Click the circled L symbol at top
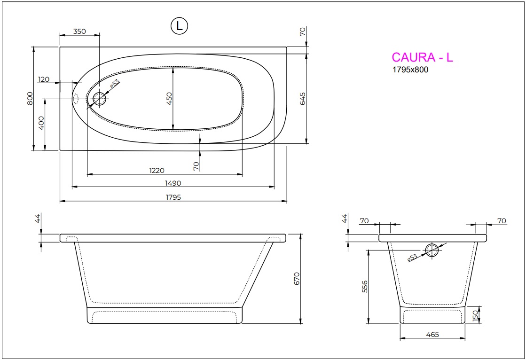179,26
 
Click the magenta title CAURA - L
422,57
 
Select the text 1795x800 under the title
410,70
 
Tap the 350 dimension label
79,31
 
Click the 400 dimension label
41,123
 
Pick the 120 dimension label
44,79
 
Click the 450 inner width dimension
170,98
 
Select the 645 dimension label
303,98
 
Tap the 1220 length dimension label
157,170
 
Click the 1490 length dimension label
172,183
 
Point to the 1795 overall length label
172,197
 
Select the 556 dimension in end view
365,287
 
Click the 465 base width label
432,335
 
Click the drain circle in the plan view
100,99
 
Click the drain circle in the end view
432,250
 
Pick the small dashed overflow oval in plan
76,99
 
